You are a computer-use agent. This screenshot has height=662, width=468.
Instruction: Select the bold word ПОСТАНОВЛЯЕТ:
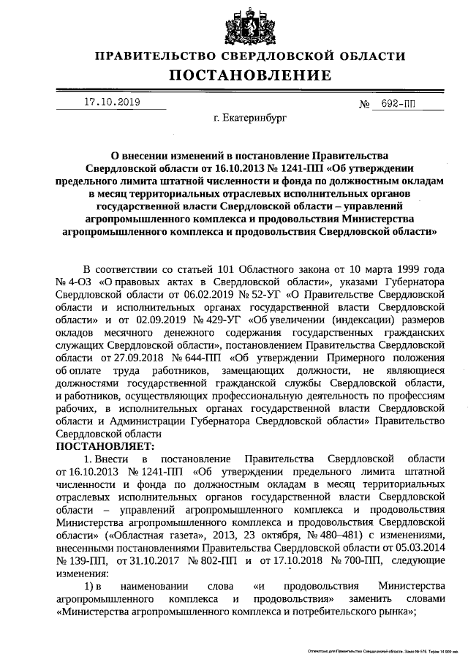105,445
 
